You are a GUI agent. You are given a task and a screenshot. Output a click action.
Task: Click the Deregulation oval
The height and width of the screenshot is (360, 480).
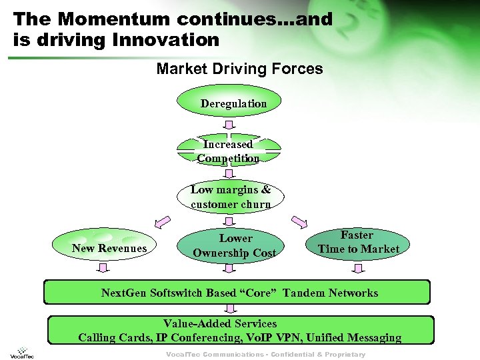coord(230,103)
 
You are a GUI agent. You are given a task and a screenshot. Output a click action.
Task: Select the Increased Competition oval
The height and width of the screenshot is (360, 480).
coord(229,151)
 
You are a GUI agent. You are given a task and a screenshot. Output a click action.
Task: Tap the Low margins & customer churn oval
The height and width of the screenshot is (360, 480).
coord(231,197)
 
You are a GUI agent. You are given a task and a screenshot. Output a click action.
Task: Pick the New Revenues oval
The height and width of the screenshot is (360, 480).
coord(109,248)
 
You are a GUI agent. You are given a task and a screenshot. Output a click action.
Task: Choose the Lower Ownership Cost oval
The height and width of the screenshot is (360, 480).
coord(234,245)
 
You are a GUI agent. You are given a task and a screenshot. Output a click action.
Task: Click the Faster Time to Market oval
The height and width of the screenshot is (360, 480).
coord(358,243)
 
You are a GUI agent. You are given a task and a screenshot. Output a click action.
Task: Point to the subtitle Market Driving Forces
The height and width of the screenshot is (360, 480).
coord(239,69)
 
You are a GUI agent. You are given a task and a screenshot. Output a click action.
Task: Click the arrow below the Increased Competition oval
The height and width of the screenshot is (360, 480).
coord(229,173)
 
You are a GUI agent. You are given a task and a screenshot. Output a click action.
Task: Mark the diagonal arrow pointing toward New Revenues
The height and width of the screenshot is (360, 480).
coord(162,221)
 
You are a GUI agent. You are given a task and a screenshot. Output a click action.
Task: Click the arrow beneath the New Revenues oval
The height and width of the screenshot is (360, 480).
coord(103,269)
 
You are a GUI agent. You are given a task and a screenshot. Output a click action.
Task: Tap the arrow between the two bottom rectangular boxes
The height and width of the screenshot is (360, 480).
coord(230,309)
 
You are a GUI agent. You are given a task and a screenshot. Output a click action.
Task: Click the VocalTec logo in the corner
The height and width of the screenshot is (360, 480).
coord(22,352)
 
